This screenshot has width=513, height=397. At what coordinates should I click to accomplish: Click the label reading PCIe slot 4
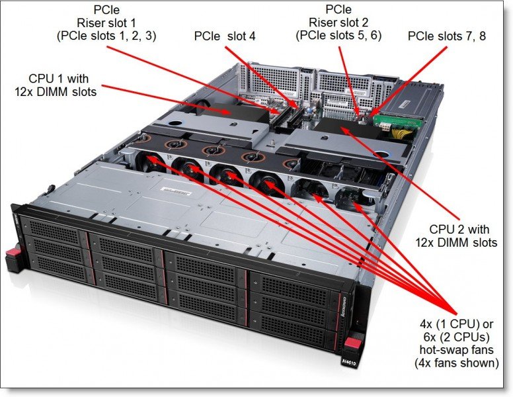225,36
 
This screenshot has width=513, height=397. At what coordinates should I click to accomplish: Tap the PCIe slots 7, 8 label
447,36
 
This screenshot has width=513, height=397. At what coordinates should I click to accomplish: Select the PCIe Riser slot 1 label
106,23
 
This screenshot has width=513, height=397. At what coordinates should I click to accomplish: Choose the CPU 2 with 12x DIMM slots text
459,236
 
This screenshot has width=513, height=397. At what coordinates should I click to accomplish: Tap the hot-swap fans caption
456,337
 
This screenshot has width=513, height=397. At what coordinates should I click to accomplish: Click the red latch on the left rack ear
11,255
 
